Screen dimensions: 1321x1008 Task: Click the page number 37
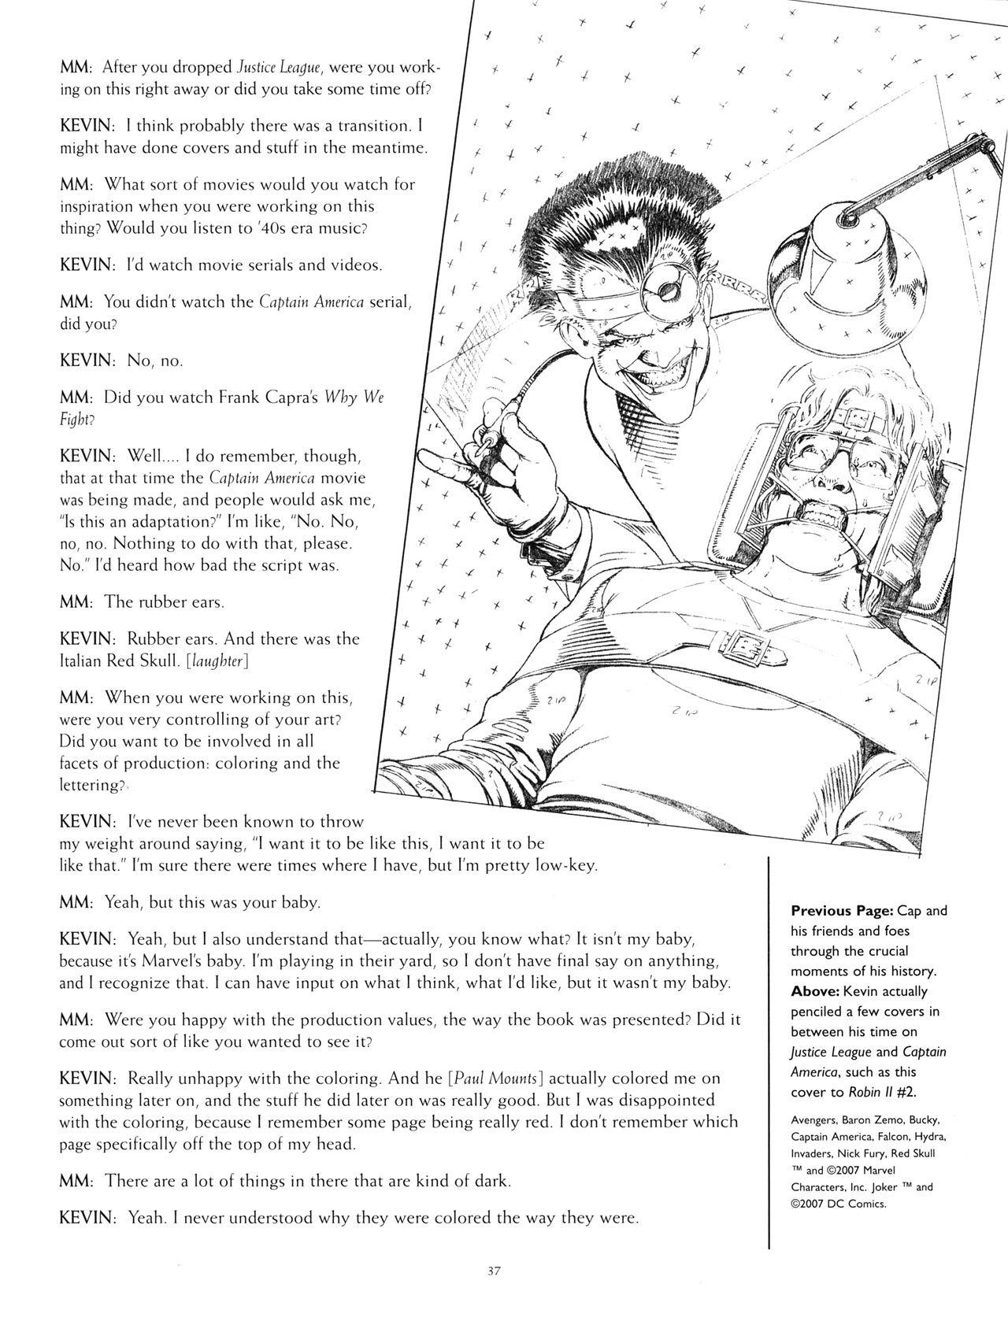click(494, 1270)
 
